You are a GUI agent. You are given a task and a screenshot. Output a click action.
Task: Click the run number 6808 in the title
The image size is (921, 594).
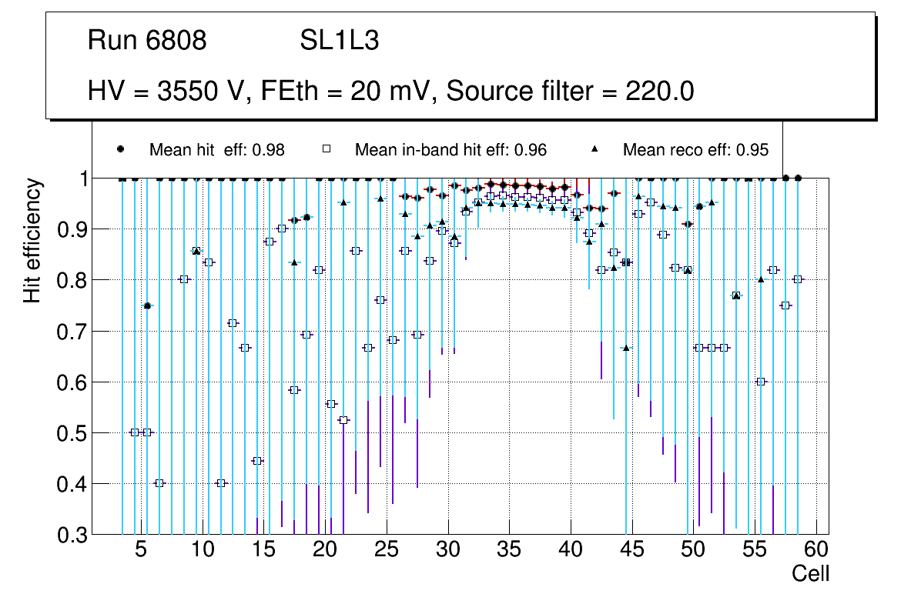point(176,41)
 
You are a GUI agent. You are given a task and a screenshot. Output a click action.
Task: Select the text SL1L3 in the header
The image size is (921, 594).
point(339,41)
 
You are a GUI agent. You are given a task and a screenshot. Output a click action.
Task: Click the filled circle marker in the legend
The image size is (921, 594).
point(120,150)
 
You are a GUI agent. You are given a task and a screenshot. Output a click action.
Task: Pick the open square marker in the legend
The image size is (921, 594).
point(326,150)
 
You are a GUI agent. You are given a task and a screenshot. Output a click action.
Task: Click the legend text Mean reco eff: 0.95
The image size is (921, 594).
point(695,150)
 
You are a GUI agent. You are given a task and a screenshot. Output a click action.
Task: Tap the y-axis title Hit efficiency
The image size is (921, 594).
point(32,240)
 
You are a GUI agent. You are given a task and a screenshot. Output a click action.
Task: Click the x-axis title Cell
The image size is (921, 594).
point(810,573)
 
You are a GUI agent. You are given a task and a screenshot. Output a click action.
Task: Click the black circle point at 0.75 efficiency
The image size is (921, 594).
point(147,305)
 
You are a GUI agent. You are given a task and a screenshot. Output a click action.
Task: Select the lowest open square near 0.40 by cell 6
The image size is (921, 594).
point(159,483)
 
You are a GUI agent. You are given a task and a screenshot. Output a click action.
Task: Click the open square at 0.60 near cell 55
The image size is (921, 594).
point(761,382)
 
